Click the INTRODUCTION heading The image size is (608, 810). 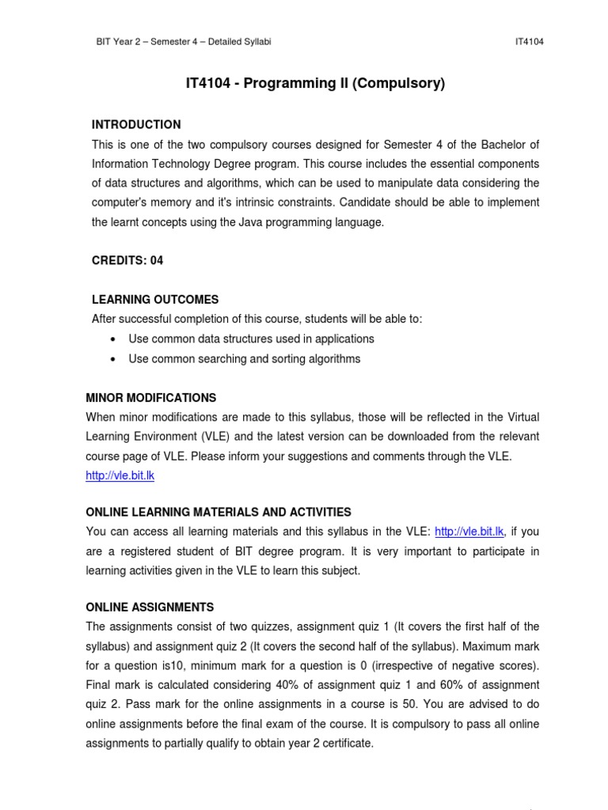[x=136, y=125]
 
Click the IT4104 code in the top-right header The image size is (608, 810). [x=528, y=42]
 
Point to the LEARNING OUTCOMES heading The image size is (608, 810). [x=155, y=300]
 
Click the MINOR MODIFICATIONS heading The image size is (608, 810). [x=150, y=398]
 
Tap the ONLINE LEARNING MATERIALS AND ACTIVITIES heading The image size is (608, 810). [x=218, y=513]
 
